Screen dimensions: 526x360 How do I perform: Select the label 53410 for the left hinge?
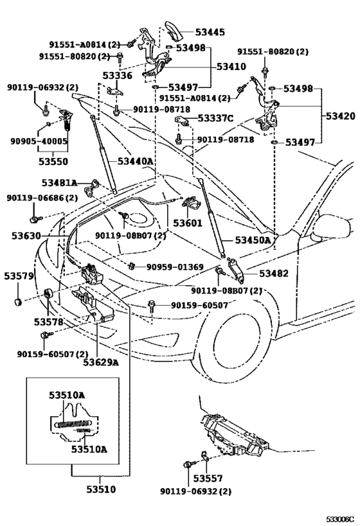click(231, 66)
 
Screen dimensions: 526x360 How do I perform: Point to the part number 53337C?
click(215, 118)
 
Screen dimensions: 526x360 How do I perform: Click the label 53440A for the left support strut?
click(135, 161)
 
